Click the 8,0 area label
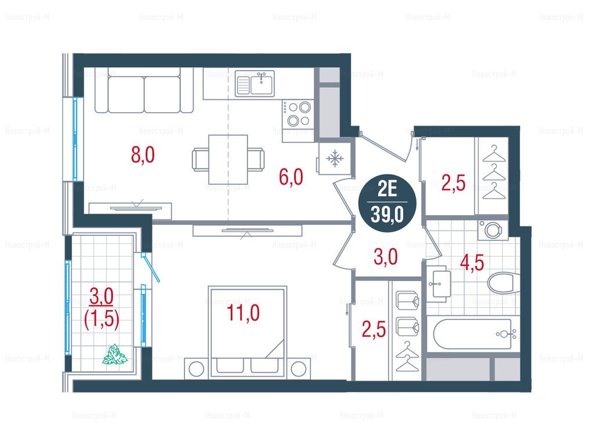(143, 154)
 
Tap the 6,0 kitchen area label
(291, 177)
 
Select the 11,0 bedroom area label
(243, 313)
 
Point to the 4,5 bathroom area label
(472, 262)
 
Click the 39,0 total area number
(387, 215)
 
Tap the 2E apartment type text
(387, 189)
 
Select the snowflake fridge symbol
(335, 158)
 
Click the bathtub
(472, 334)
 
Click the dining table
(228, 159)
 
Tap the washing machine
(492, 229)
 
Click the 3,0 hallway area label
(386, 257)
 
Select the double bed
(247, 332)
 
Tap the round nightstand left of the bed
(196, 369)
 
